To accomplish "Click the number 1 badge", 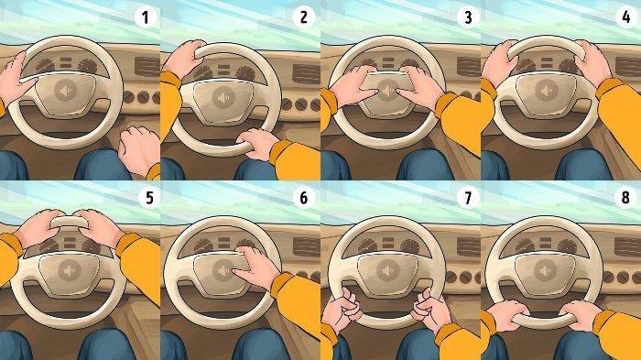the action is click(145, 17).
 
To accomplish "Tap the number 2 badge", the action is click(303, 17).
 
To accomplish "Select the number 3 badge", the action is click(469, 17).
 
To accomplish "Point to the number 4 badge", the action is click(625, 17).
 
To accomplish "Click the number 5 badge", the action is click(149, 198).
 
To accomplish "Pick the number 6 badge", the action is click(303, 198).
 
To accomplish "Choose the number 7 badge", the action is click(469, 198).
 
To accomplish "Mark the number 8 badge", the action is click(625, 198).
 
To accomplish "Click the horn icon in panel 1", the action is click(65, 91).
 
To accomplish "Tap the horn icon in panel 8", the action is click(546, 271).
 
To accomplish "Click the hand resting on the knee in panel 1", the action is click(138, 149).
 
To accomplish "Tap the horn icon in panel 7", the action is click(387, 271).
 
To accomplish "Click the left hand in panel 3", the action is click(353, 87).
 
